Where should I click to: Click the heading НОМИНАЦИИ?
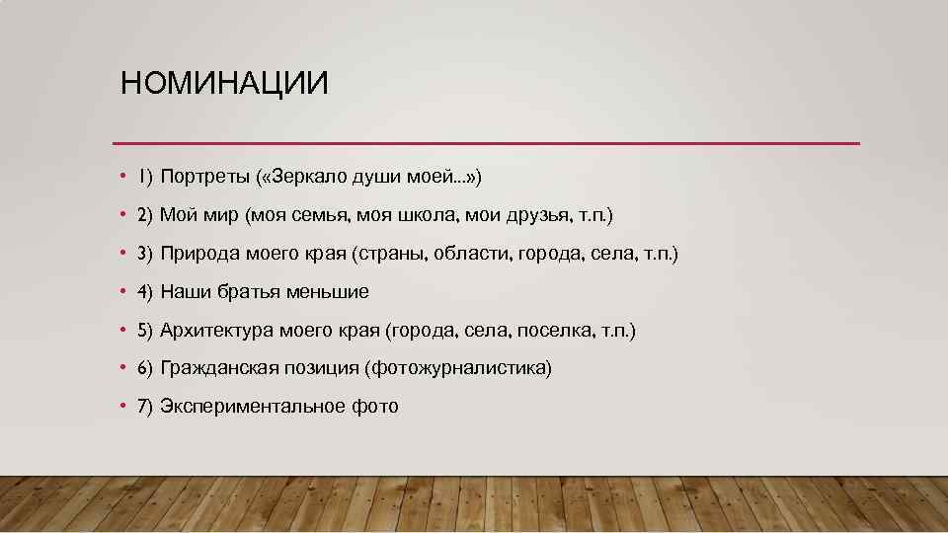click(224, 83)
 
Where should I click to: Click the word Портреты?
click(203, 177)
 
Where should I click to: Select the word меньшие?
click(328, 292)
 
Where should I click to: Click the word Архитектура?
click(217, 330)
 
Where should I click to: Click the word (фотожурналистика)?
click(457, 368)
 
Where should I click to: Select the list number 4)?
click(144, 292)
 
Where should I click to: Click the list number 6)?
click(144, 368)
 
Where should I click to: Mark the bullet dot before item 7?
click(121, 406)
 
